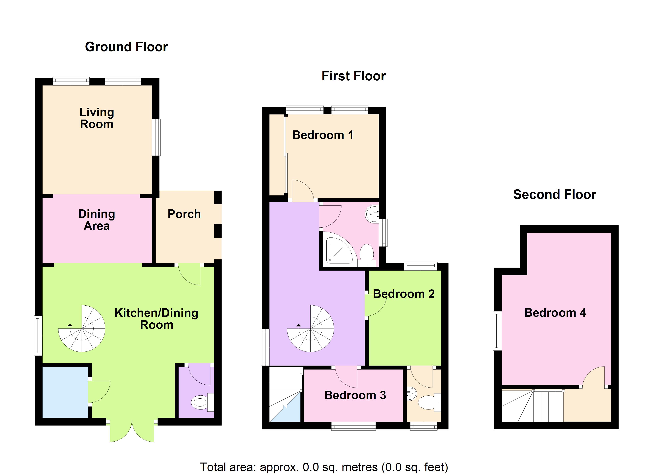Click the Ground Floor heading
pyautogui.click(x=126, y=47)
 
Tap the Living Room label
pyautogui.click(x=97, y=118)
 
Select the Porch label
pyautogui.click(x=184, y=214)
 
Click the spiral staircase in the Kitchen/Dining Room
pyautogui.click(x=82, y=328)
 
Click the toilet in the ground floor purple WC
pyautogui.click(x=200, y=402)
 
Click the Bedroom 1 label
pyautogui.click(x=323, y=135)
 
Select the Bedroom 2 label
pyautogui.click(x=404, y=294)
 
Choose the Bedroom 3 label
pyautogui.click(x=355, y=395)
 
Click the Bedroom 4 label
pyautogui.click(x=555, y=313)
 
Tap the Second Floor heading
pyautogui.click(x=554, y=195)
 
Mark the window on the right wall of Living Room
pyautogui.click(x=156, y=137)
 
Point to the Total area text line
pyautogui.click(x=324, y=467)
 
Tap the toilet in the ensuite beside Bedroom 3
pyautogui.click(x=427, y=402)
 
